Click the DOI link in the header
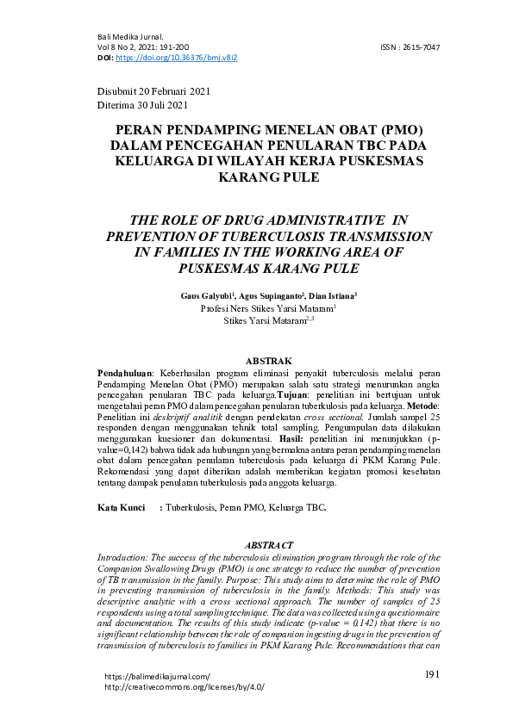pyautogui.click(x=176, y=57)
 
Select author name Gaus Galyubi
pyautogui.click(x=205, y=294)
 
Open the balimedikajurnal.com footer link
pyautogui.click(x=157, y=677)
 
